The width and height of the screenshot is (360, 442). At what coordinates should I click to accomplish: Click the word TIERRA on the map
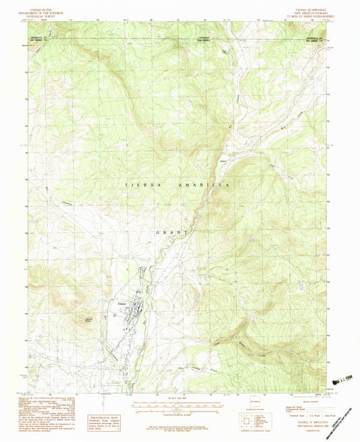(x=137, y=184)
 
